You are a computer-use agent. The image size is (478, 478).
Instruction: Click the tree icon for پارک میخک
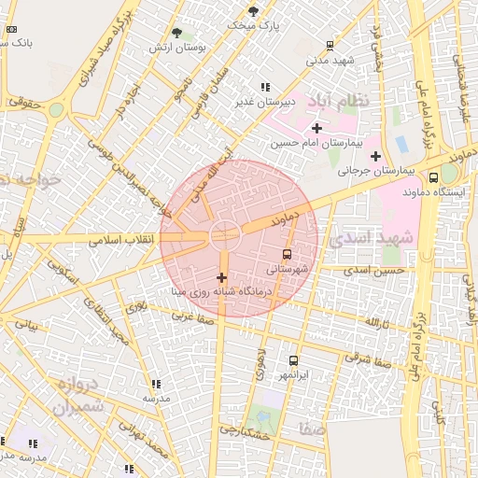253,12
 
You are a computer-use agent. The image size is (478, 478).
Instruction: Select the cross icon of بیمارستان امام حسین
316,128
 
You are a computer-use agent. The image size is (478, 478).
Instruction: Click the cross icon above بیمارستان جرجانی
375,156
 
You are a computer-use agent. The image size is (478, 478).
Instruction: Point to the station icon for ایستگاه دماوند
433,177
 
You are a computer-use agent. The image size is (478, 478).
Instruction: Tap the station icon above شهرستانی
287,254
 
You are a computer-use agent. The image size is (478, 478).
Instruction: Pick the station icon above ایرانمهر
293,360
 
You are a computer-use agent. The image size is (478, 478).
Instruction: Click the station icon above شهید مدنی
330,46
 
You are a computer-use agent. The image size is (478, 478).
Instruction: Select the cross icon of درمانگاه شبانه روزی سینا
221,277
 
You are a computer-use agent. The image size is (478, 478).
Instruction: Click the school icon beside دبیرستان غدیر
265,87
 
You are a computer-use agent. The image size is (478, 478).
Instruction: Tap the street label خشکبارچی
245,431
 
